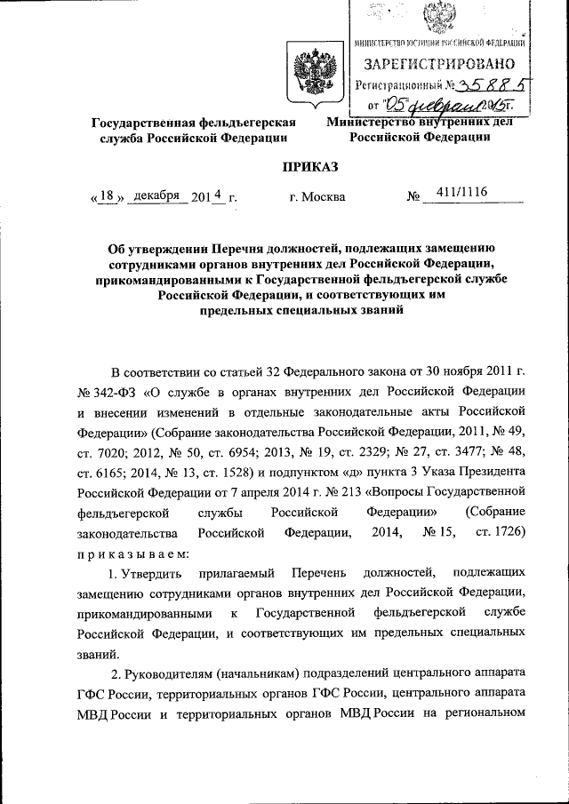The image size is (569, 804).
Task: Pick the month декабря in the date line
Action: click(156, 195)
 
